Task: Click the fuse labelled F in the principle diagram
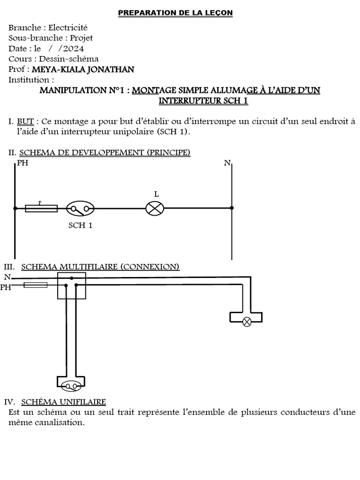[41, 208]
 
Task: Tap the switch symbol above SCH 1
[80, 208]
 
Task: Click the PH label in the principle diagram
[22, 163]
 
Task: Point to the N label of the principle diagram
[227, 163]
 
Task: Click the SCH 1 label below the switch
[80, 225]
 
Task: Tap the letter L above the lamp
[157, 194]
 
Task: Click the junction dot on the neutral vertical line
[232, 208]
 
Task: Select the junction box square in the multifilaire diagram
[71, 285]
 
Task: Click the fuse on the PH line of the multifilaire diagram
[35, 285]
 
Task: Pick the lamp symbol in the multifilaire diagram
[247, 322]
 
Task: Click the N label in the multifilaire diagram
[7, 277]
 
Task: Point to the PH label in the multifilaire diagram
[6, 287]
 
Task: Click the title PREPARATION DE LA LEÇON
[175, 13]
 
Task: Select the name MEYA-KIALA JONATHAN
[82, 69]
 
